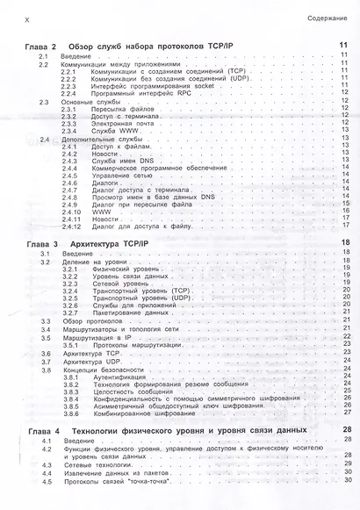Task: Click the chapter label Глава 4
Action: point(41,431)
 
